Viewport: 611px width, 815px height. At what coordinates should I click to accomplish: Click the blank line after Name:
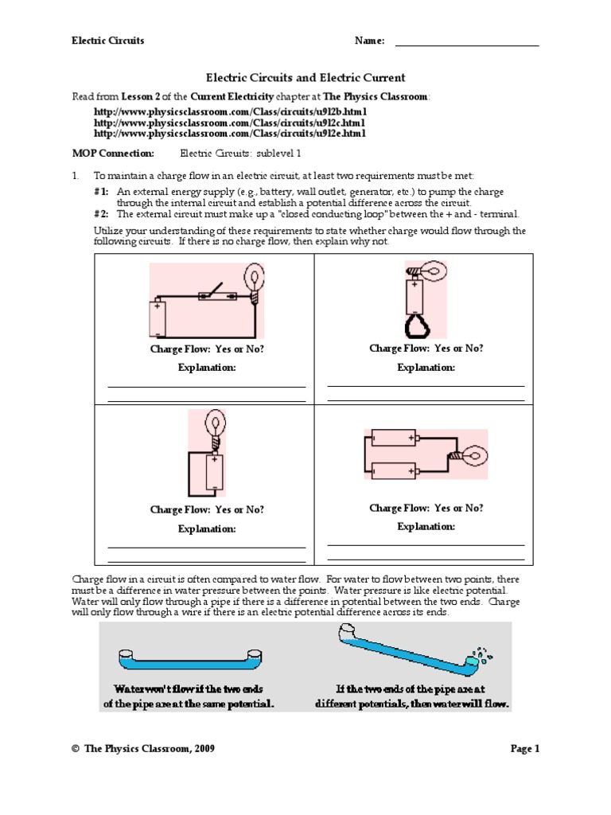pyautogui.click(x=467, y=43)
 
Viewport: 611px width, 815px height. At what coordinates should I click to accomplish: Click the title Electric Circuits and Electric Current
pyautogui.click(x=305, y=78)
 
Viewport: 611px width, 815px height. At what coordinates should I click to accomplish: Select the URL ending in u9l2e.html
pyautogui.click(x=230, y=134)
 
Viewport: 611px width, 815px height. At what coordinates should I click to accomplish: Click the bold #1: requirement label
pyautogui.click(x=101, y=192)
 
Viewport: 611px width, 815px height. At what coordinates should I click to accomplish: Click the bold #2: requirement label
pyautogui.click(x=101, y=213)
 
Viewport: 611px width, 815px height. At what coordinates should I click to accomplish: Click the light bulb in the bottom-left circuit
pyautogui.click(x=214, y=424)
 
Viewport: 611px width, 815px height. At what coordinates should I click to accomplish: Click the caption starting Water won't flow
pyautogui.click(x=189, y=696)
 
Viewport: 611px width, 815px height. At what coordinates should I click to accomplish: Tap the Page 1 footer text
pyautogui.click(x=524, y=749)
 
